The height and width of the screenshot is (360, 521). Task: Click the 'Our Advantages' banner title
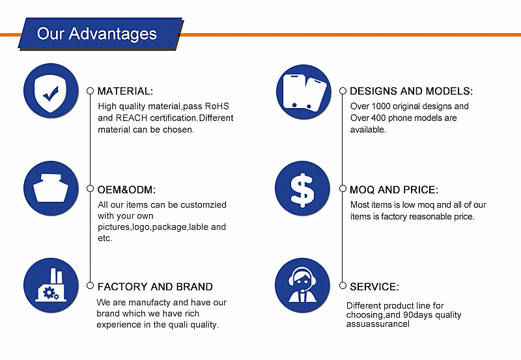(96, 34)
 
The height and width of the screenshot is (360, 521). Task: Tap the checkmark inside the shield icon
(51, 94)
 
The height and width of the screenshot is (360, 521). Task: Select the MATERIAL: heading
(125, 91)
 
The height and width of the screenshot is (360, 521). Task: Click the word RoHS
(217, 106)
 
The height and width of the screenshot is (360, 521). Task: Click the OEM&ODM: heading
(126, 189)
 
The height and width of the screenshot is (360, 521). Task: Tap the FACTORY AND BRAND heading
(155, 286)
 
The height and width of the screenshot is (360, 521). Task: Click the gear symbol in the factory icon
(49, 292)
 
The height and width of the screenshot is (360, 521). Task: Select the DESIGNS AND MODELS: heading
(412, 91)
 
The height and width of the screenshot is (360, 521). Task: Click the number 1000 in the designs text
(381, 106)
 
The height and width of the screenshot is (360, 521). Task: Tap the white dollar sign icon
(302, 190)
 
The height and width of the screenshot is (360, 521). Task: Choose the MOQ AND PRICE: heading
(394, 189)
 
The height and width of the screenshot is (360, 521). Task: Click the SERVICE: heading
(374, 286)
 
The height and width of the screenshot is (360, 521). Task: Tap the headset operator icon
(302, 285)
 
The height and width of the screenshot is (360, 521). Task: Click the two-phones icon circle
(303, 92)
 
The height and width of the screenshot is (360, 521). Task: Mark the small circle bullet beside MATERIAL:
(90, 91)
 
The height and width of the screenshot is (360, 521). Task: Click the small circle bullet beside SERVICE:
(343, 286)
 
